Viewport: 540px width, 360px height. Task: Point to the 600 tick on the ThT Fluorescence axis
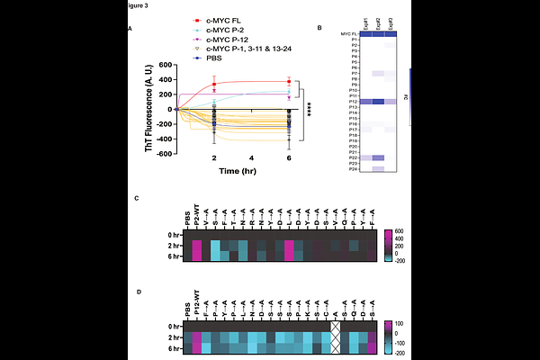pos(163,65)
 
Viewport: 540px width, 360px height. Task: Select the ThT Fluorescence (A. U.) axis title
pos(148,110)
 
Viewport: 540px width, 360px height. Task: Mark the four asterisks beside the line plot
pos(308,110)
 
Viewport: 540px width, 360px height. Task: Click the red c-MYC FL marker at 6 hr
pos(289,81)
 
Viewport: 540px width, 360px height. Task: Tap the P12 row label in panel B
pos(332,102)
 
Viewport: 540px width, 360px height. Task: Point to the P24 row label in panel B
pos(332,168)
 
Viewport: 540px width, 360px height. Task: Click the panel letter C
pos(136,197)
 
